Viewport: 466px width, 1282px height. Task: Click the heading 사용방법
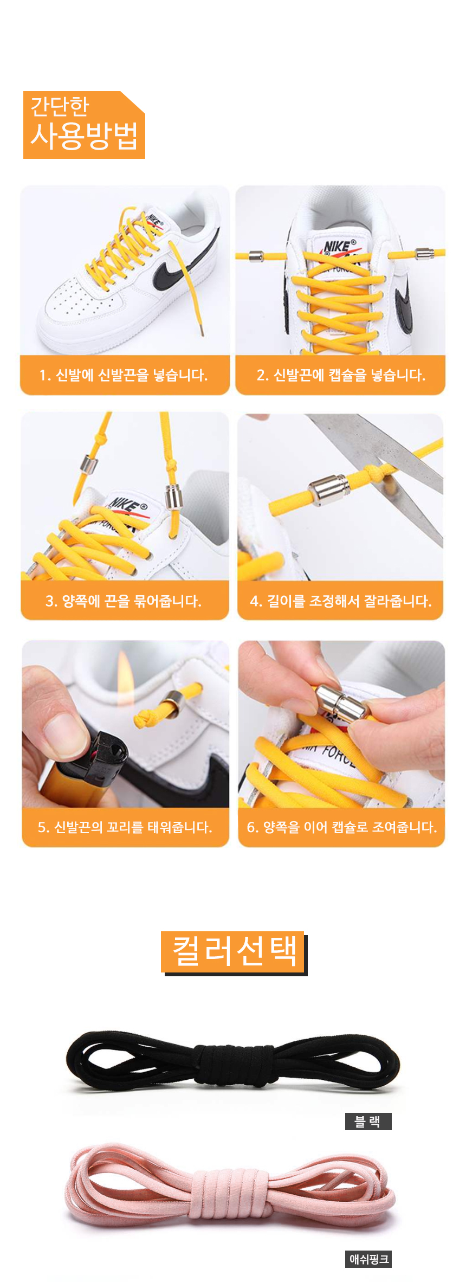[85, 136]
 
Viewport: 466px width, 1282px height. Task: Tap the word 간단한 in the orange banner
[60, 106]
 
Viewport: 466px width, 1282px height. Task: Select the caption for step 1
[124, 375]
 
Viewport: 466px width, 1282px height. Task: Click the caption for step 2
[341, 375]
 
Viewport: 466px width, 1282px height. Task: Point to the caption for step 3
[124, 601]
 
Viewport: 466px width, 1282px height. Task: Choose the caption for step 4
[341, 601]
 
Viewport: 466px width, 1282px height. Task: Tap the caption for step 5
[125, 827]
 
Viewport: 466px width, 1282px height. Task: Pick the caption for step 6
[341, 827]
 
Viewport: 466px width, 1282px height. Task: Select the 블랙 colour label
[368, 1122]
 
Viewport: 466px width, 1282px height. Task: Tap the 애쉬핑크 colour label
[368, 1259]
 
